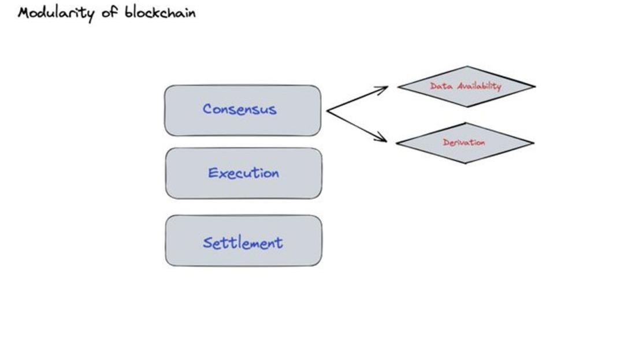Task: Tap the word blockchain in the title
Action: pyautogui.click(x=160, y=12)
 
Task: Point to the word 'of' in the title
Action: pyautogui.click(x=110, y=12)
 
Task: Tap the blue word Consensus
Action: pyautogui.click(x=239, y=109)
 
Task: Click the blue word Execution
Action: pyautogui.click(x=243, y=173)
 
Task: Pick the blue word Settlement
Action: pyautogui.click(x=243, y=243)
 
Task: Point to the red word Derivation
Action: pyautogui.click(x=464, y=142)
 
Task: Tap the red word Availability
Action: pyautogui.click(x=479, y=86)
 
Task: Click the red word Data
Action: pyautogui.click(x=441, y=86)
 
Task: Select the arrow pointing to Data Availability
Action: pyautogui.click(x=356, y=99)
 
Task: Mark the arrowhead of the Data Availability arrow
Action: pyautogui.click(x=384, y=88)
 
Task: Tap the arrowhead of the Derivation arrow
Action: pyautogui.click(x=383, y=139)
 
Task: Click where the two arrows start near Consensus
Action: pyautogui.click(x=328, y=110)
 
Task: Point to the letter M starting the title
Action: pyautogui.click(x=24, y=13)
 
